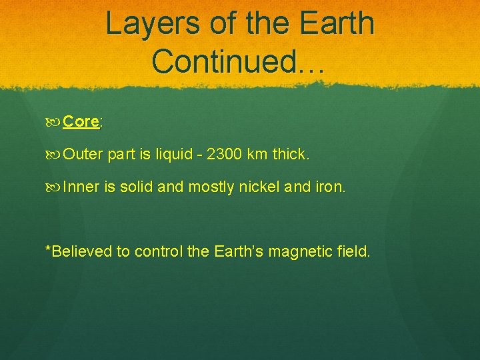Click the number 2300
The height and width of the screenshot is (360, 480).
tap(225, 155)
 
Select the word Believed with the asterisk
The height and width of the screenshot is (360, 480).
tap(78, 251)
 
